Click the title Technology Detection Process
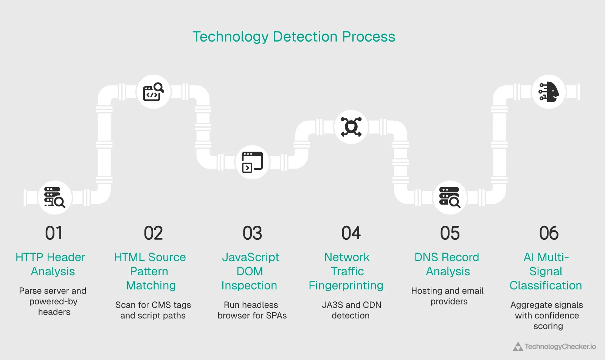click(294, 37)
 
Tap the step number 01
click(54, 233)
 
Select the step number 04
click(351, 233)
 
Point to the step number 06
click(549, 233)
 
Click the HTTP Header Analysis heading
click(51, 264)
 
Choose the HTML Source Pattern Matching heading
click(150, 271)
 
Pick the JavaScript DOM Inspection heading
click(250, 271)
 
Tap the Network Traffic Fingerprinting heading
click(346, 271)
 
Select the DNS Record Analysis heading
click(447, 264)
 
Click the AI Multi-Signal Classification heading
click(546, 271)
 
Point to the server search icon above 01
click(55, 197)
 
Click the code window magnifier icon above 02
click(153, 92)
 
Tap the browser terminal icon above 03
click(252, 162)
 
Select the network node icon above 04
click(351, 127)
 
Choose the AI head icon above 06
click(549, 92)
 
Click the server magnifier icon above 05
click(450, 197)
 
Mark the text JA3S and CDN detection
click(351, 310)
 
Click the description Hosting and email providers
click(448, 296)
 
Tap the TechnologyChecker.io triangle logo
click(518, 346)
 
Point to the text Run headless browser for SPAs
click(252, 310)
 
